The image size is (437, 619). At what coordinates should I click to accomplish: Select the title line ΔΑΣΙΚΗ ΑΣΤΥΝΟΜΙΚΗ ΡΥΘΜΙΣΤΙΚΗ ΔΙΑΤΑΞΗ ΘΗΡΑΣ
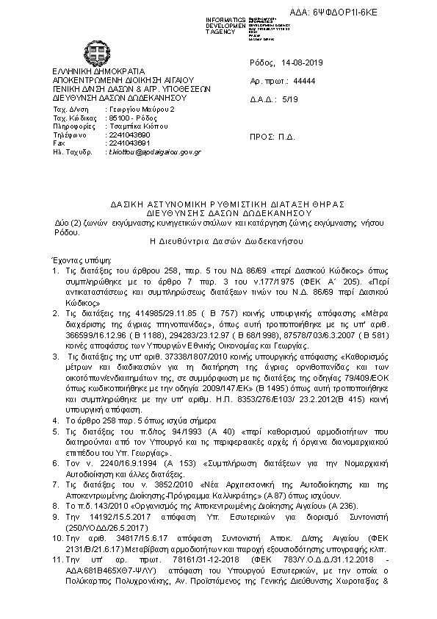(x=217, y=203)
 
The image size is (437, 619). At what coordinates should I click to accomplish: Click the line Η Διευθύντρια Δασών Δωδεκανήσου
(x=217, y=240)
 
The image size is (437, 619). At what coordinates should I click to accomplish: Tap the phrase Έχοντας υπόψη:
(x=71, y=261)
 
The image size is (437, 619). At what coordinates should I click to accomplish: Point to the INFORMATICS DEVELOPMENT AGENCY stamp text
(x=225, y=24)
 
